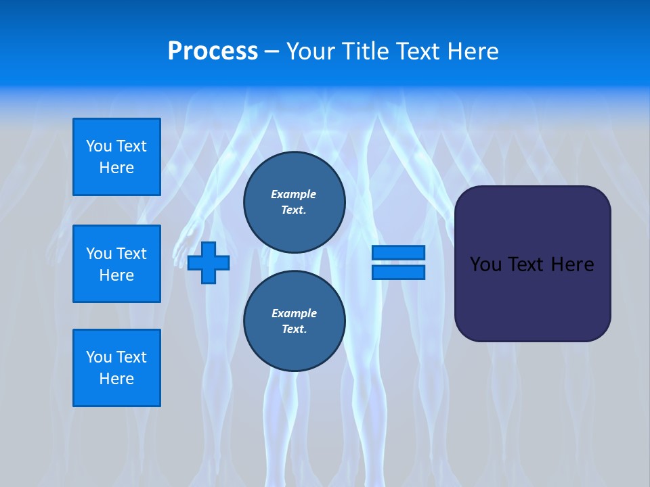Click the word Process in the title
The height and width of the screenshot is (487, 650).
(213, 51)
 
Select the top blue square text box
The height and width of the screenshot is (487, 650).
(116, 157)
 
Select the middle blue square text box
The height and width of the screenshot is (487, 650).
(116, 264)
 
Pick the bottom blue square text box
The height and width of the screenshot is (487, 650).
(116, 368)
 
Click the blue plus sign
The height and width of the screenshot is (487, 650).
(209, 262)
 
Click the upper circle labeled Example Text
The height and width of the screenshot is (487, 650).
(294, 202)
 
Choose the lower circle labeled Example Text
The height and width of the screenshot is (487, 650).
(294, 321)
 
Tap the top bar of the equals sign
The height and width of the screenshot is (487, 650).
(398, 253)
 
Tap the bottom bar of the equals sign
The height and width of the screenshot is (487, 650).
(398, 273)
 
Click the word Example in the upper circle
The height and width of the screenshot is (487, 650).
(293, 194)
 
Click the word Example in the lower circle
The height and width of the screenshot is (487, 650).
(294, 313)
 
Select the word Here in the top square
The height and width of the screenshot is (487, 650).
(116, 168)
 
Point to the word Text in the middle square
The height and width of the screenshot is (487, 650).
(131, 254)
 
